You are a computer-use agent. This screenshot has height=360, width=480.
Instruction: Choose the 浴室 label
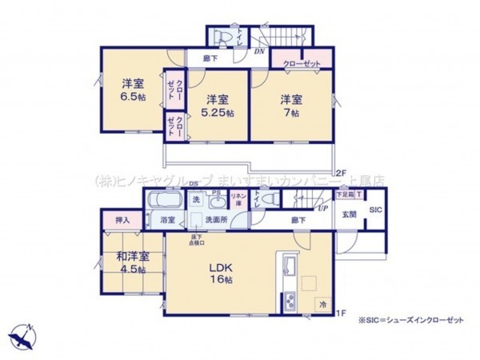(x=167, y=218)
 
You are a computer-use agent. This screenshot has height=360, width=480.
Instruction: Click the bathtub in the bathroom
(x=165, y=201)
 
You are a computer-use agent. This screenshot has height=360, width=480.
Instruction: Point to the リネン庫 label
(x=238, y=197)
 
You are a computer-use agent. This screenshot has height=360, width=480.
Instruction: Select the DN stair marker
(x=259, y=51)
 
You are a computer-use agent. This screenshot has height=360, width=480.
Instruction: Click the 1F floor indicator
(x=339, y=313)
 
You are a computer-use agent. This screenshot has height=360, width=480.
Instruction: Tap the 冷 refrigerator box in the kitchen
(x=322, y=305)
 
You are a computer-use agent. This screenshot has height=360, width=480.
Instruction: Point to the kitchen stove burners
(x=288, y=302)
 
